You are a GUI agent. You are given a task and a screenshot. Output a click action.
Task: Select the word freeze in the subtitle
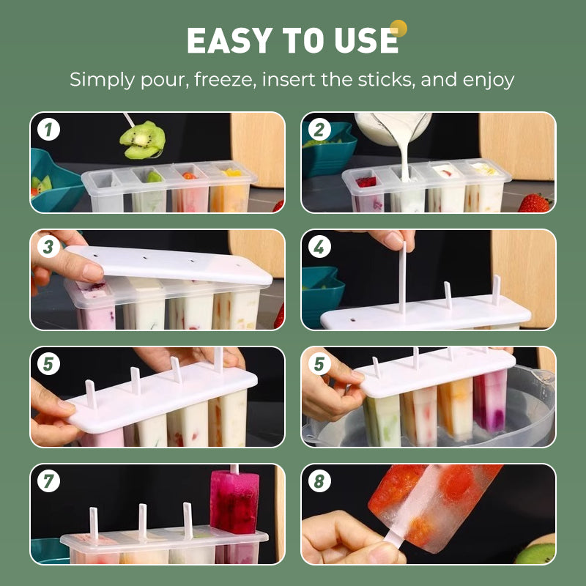point(226,80)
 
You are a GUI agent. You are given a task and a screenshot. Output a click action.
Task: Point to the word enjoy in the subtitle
point(489,80)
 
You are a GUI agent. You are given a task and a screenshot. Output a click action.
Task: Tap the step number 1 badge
point(49,130)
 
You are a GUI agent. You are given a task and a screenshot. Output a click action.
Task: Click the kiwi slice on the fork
point(143,139)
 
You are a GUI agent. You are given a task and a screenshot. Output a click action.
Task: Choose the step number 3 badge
point(49,248)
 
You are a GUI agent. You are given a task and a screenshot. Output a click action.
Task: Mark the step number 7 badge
point(49,482)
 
